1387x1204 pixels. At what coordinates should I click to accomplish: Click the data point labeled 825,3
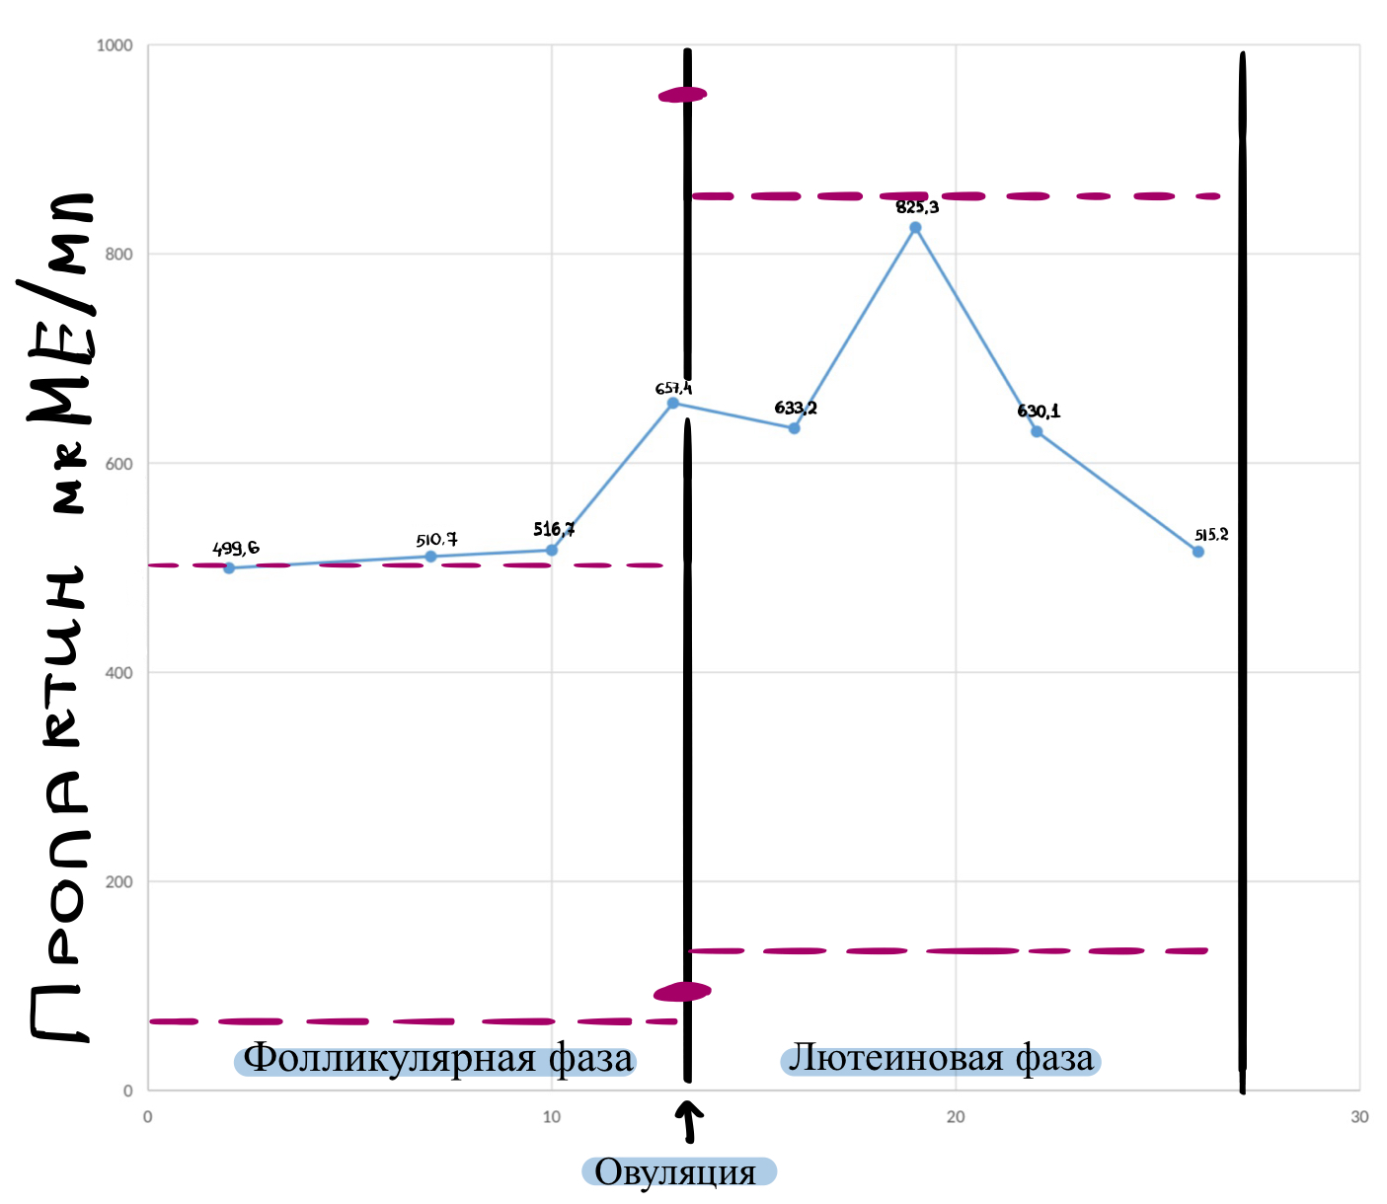[x=915, y=228]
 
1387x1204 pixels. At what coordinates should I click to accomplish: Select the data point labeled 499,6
[x=229, y=567]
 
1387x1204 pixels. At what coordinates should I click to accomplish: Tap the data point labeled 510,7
[x=430, y=557]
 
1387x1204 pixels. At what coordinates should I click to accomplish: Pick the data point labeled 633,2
[x=794, y=428]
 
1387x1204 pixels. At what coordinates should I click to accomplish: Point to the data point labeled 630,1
[x=1037, y=431]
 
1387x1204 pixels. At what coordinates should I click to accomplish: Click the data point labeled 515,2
[x=1198, y=552]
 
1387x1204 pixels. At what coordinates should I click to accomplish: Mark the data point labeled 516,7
[x=552, y=550]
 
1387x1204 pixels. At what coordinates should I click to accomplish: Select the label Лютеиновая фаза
[x=941, y=1060]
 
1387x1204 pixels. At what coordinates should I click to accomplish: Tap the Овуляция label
[x=678, y=1172]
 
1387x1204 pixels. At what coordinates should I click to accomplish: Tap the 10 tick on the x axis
[x=552, y=1117]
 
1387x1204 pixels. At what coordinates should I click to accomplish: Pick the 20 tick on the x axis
[x=956, y=1117]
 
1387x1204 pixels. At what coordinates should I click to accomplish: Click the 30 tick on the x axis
[x=1359, y=1117]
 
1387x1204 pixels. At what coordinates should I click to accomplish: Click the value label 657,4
[x=673, y=389]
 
